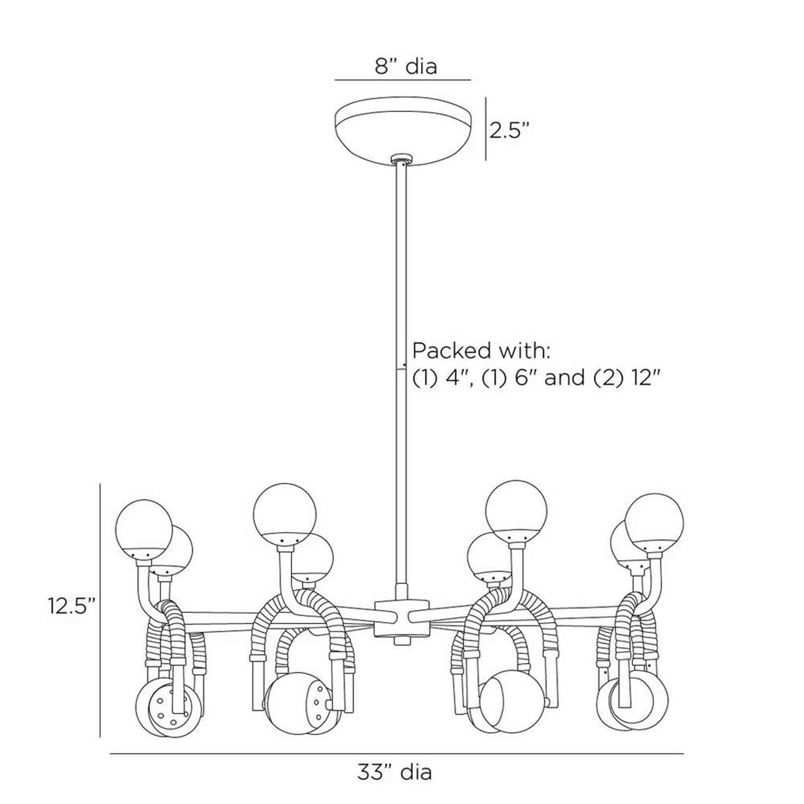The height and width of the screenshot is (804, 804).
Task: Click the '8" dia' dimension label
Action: click(x=406, y=66)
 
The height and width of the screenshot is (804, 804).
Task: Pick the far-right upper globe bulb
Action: click(x=654, y=523)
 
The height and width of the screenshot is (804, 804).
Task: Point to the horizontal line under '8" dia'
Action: click(x=403, y=80)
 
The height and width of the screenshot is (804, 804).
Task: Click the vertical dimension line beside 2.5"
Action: click(x=486, y=129)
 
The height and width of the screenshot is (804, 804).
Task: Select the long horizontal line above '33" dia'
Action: click(x=397, y=742)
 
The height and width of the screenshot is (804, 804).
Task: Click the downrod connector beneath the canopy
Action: click(x=402, y=158)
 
